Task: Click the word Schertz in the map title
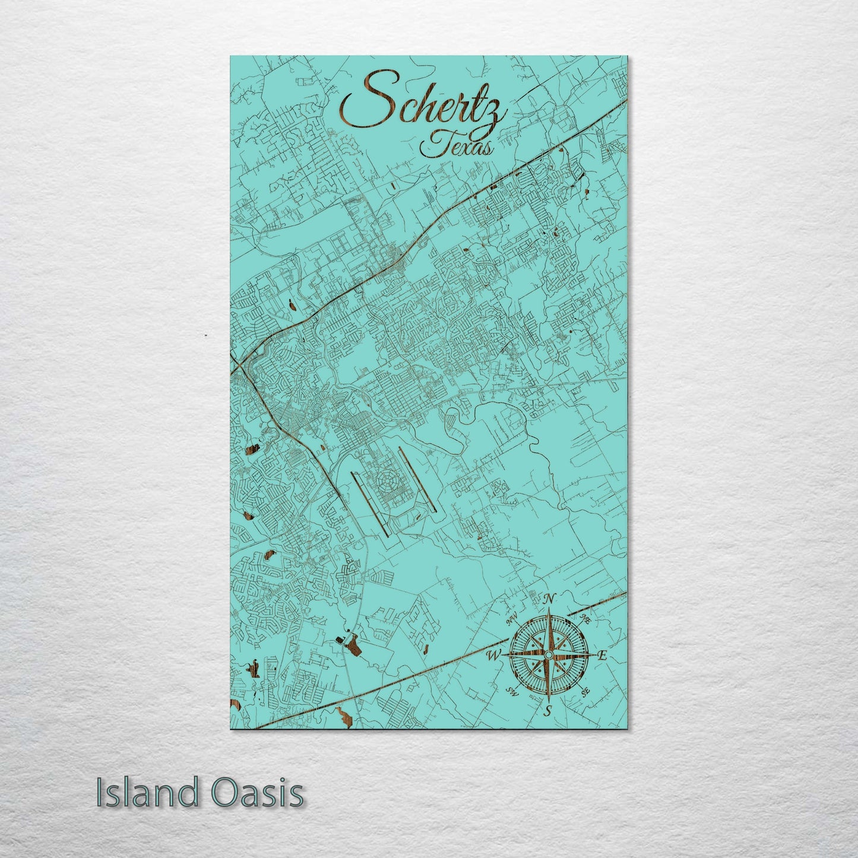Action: pos(423,106)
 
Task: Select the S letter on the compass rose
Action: pos(549,710)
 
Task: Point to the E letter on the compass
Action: pos(601,656)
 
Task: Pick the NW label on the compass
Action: pos(512,621)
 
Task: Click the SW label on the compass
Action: pos(511,690)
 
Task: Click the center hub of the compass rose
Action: pos(549,654)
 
